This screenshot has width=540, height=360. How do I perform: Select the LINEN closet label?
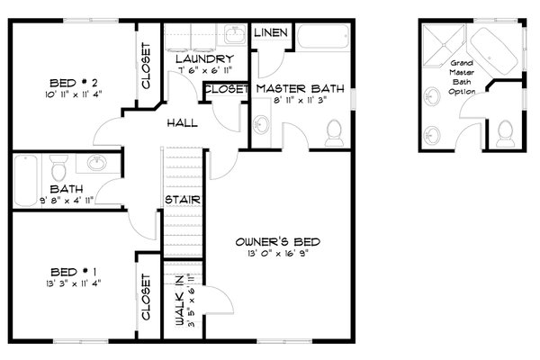point(271,33)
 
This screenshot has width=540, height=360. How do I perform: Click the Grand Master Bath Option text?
point(462,80)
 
